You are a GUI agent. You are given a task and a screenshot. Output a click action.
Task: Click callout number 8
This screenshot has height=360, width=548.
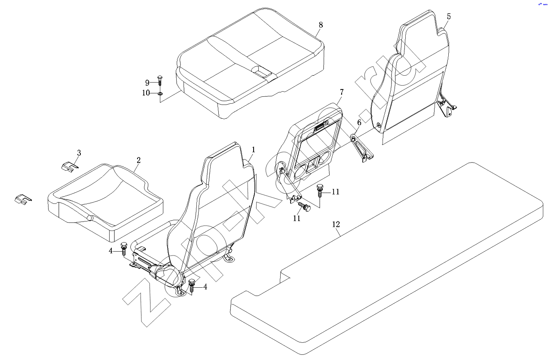point(321,25)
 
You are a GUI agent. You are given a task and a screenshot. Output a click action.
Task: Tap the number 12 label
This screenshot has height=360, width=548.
point(336,224)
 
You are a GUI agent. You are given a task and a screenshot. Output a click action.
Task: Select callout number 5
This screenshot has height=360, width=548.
point(449,16)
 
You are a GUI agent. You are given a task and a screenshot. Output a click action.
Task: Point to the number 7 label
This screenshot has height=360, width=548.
point(342,92)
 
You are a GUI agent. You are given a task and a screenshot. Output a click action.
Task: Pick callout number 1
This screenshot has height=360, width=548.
point(254,150)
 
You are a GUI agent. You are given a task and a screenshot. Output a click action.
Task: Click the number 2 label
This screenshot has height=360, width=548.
point(138,160)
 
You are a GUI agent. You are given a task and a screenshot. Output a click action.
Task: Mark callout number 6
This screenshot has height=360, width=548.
point(359,123)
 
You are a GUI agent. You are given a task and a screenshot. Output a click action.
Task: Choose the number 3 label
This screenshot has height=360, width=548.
point(79,153)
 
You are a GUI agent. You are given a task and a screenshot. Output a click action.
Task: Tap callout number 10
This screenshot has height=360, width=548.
point(146,93)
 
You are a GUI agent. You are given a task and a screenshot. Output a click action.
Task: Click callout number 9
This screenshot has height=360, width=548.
point(147,83)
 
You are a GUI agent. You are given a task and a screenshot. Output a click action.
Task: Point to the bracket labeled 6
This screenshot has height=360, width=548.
point(362,149)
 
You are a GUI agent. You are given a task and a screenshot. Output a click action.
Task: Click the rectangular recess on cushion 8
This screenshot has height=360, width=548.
point(261,71)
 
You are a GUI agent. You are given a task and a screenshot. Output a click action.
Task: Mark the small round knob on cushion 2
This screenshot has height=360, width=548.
point(90,218)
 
